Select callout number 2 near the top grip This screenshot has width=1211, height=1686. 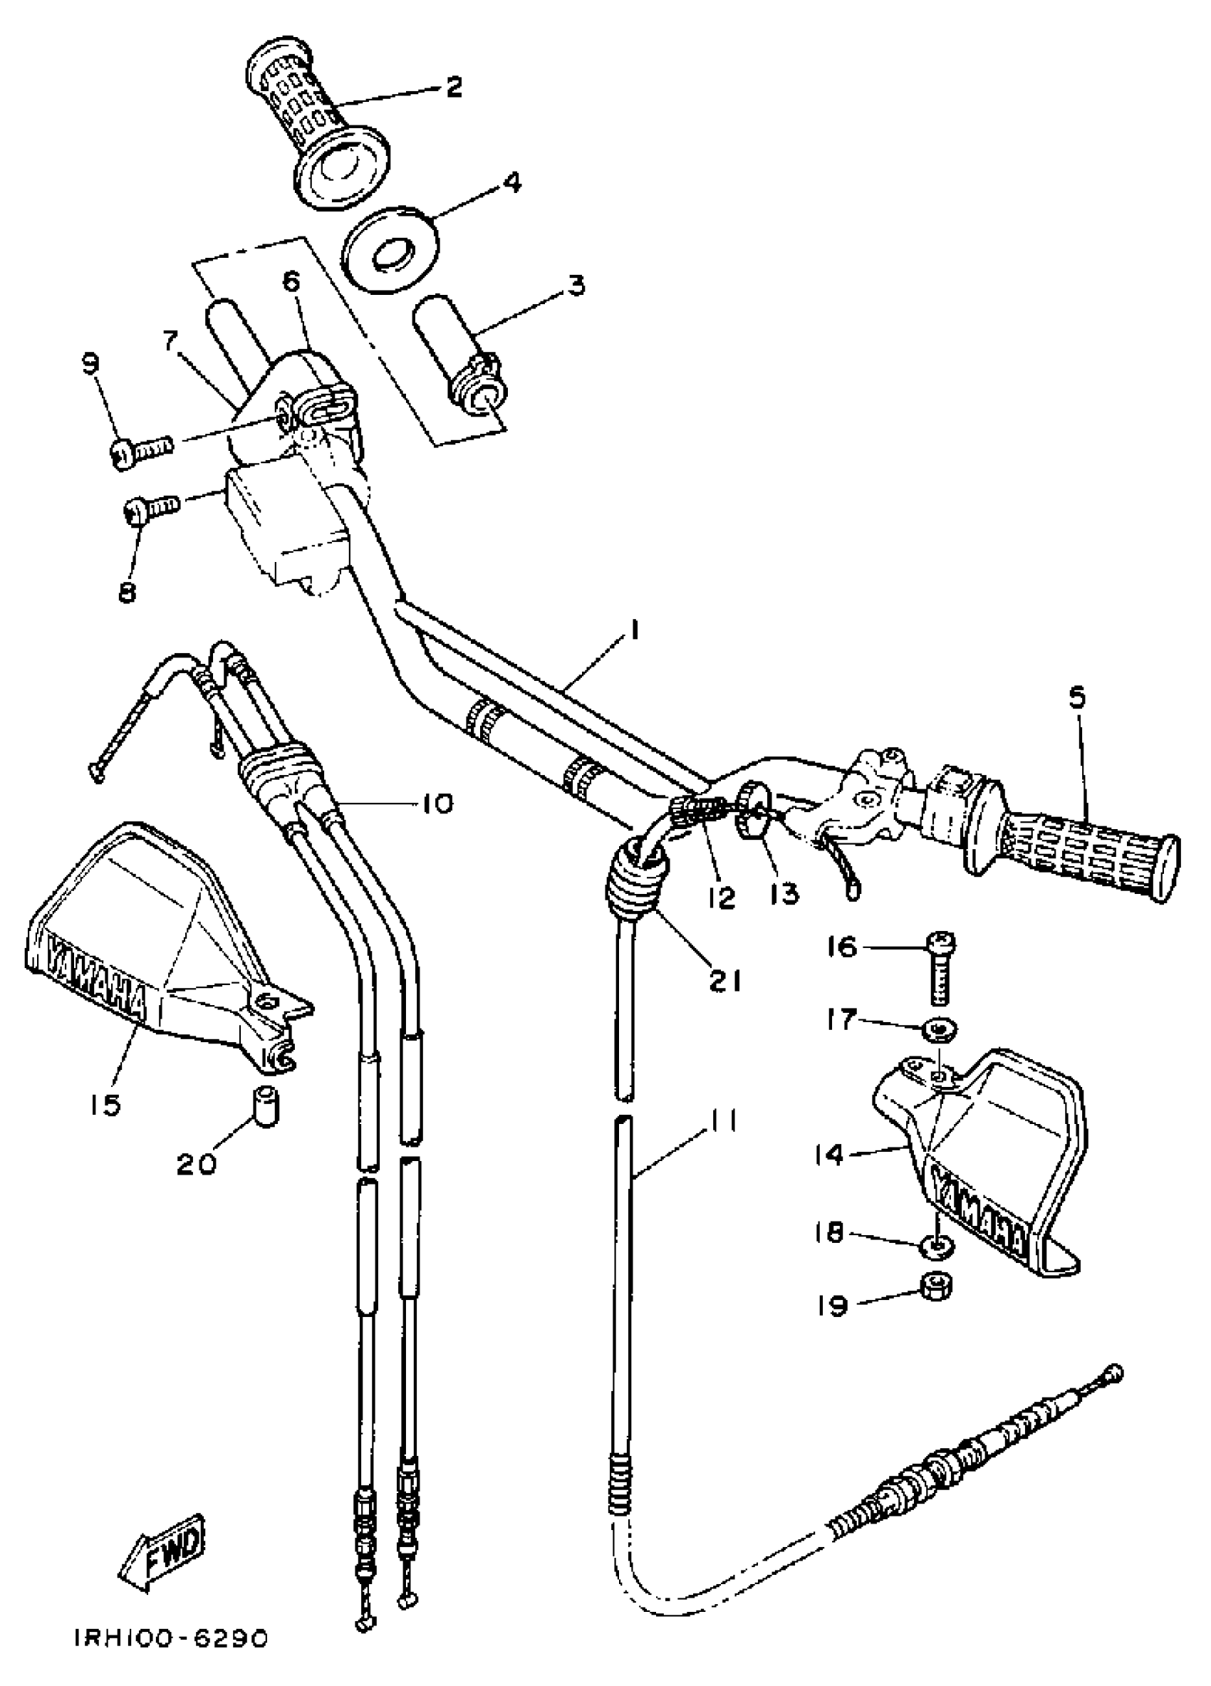pos(453,87)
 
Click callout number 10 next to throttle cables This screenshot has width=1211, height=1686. pos(437,803)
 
